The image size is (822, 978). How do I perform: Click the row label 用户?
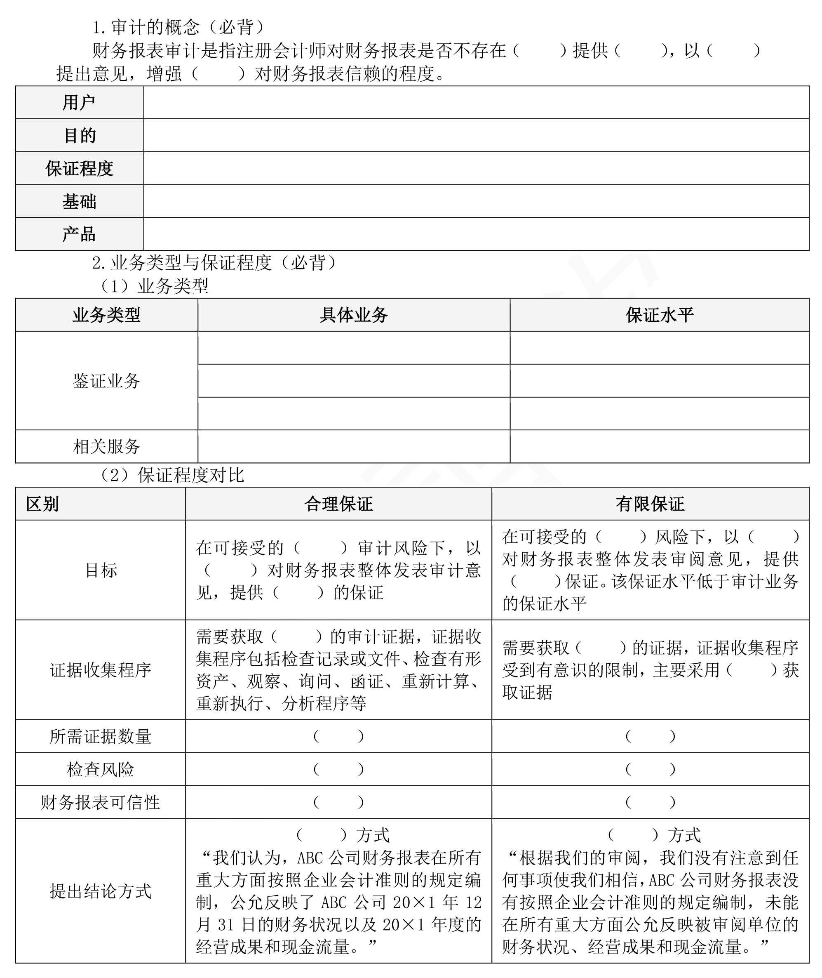point(79,103)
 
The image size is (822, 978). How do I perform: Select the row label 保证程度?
point(79,168)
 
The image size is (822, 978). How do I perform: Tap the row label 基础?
point(79,201)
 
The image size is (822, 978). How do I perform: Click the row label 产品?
point(79,234)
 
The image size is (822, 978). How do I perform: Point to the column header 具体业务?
point(354,315)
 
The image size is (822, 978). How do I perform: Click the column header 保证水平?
point(659,315)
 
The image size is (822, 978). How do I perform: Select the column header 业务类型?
point(106,315)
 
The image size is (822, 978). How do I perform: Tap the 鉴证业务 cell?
point(106,381)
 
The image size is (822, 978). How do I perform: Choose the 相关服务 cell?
point(106,447)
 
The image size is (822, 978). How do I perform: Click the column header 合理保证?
point(338,504)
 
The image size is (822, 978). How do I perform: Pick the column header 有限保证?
point(650,504)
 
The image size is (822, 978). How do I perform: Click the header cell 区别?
point(42,504)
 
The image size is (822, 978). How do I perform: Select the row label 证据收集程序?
point(101,670)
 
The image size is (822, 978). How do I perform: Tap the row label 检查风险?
point(101,769)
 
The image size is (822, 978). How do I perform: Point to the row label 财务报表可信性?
point(101,802)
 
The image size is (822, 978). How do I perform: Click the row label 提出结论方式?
point(101,891)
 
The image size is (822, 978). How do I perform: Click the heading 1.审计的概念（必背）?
point(179,28)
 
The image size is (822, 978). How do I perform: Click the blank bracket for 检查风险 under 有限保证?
point(650,769)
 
